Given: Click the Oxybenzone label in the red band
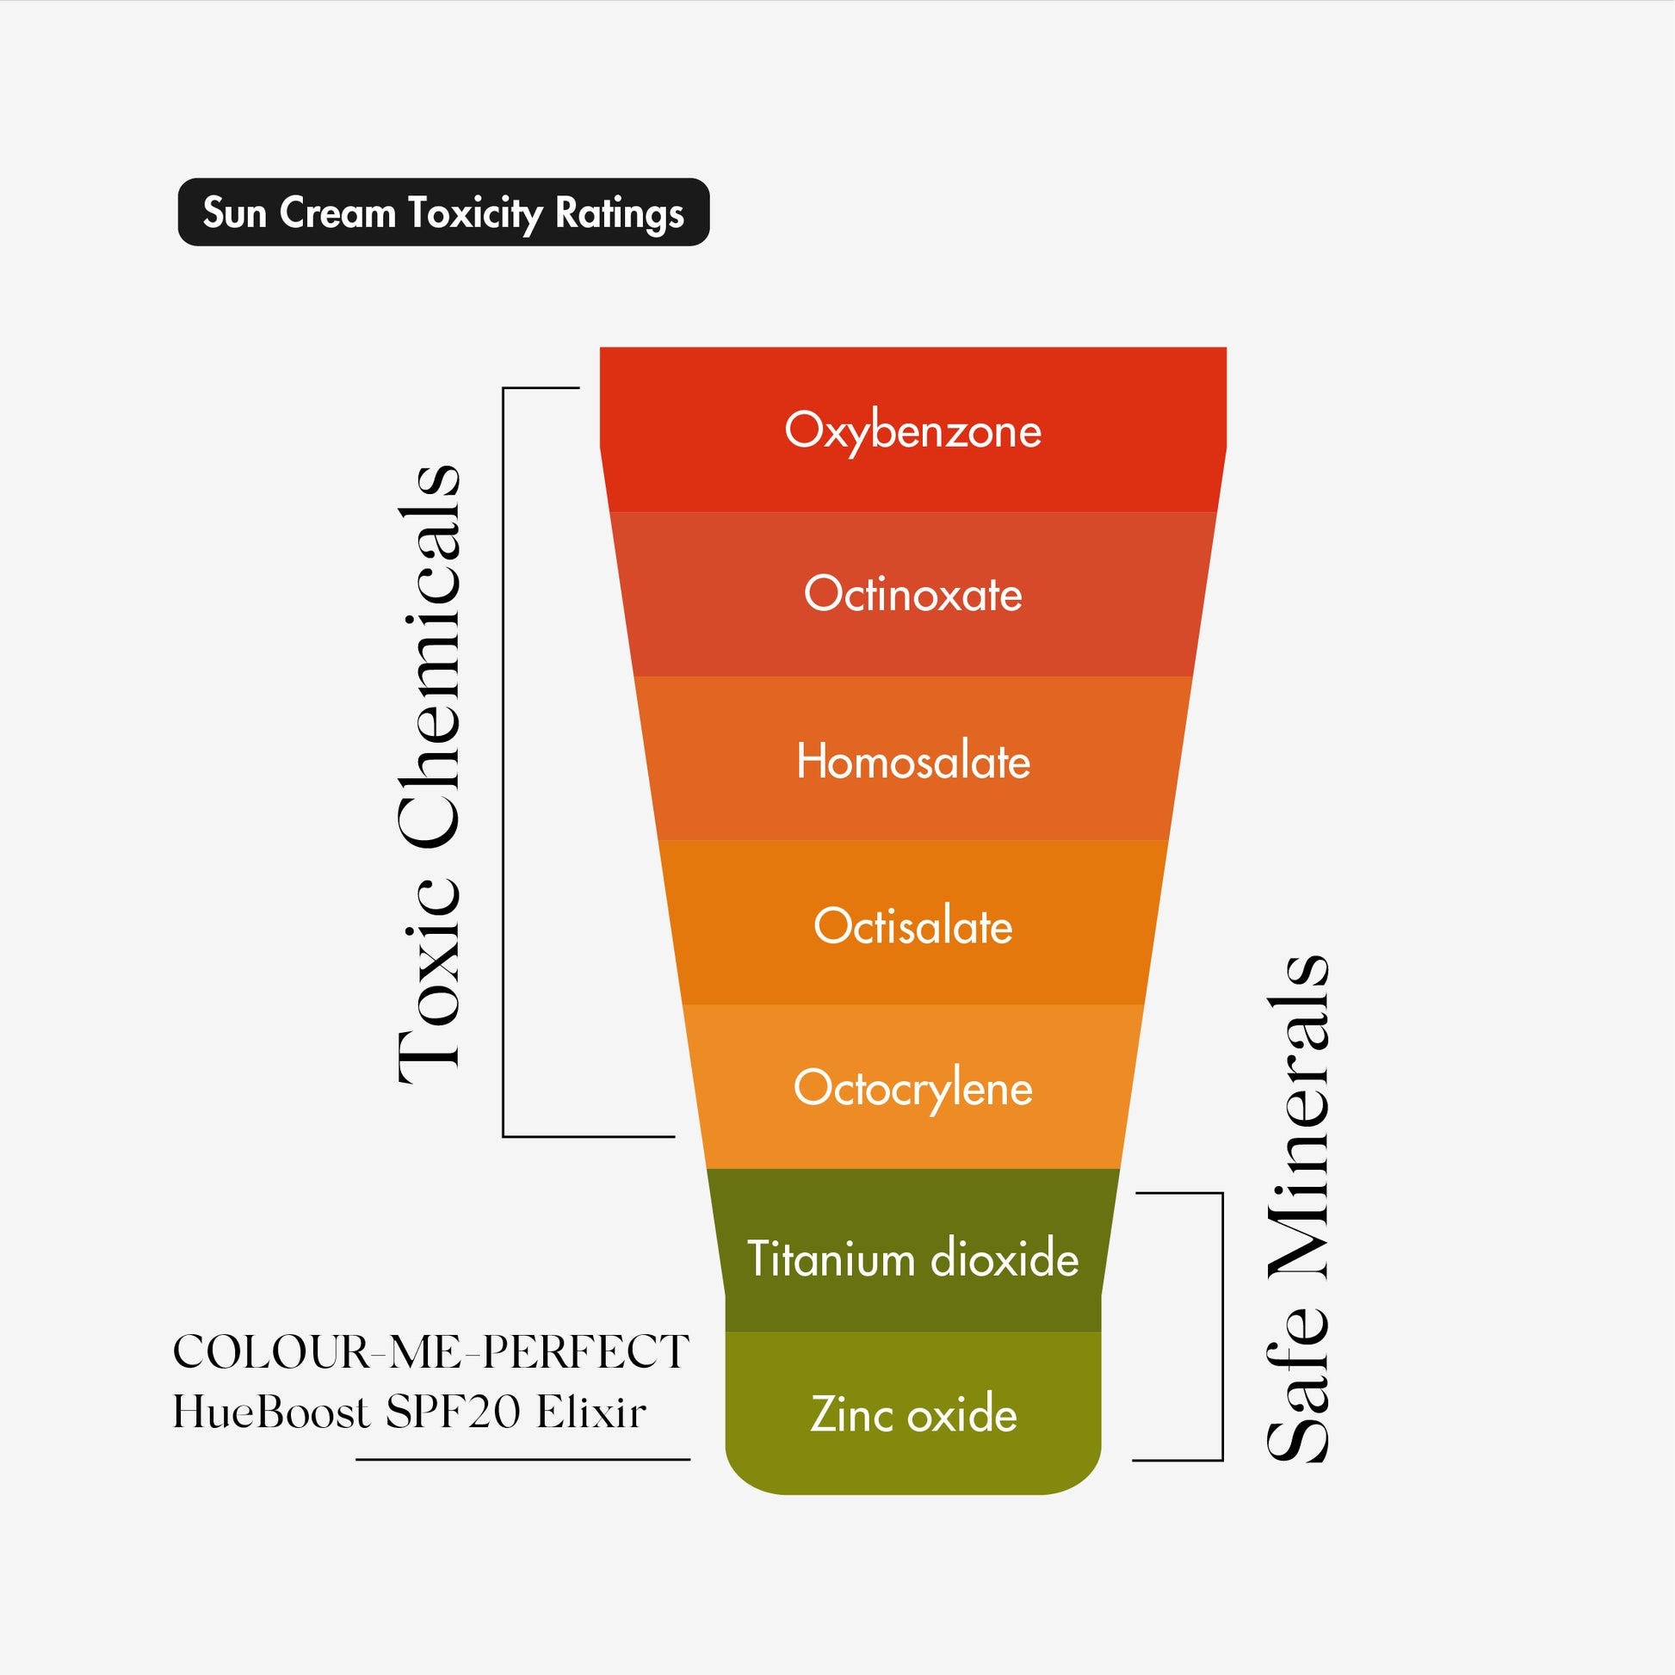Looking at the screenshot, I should [913, 431].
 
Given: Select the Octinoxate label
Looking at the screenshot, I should [913, 595].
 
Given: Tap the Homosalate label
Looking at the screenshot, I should [913, 761].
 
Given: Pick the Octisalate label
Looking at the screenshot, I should [913, 926].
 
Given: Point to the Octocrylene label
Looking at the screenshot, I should [913, 1088].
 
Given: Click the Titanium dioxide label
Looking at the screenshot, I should [913, 1259].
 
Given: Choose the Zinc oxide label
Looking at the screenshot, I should [913, 1414].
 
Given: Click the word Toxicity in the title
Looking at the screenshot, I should [475, 213].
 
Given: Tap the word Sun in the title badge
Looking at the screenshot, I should [234, 213].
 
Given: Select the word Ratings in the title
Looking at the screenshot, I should [619, 213].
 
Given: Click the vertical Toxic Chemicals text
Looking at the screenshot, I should [430, 774].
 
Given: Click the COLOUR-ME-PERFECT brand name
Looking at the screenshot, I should [431, 1352].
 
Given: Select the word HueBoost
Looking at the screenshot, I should [271, 1412].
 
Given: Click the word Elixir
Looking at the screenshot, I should [591, 1412].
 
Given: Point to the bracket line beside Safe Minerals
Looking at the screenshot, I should [1222, 1326].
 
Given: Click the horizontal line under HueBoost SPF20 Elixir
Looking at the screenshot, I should [522, 1460].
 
